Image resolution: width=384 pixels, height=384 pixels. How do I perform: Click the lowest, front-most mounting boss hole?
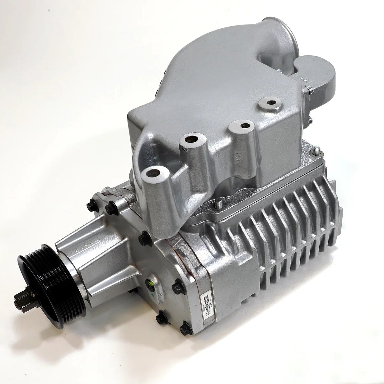click(x=153, y=172)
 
